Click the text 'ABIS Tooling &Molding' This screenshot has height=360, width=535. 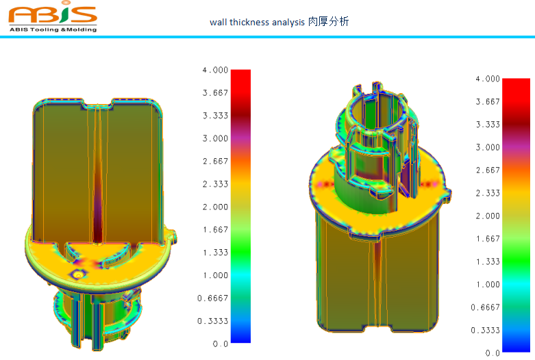point(53,29)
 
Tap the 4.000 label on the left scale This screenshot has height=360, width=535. point(215,70)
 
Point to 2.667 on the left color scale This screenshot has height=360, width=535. point(215,161)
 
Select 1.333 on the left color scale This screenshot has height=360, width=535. point(215,253)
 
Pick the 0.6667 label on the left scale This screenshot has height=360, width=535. point(214,298)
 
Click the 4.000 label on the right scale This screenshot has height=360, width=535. point(488,79)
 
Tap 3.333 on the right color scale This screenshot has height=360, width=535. point(488,125)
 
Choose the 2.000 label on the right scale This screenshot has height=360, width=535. point(488,216)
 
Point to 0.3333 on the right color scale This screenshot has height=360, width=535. point(486,330)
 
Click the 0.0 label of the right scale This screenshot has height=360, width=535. point(493,353)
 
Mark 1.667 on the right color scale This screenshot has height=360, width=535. point(488,239)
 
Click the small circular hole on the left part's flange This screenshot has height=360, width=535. point(79,273)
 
